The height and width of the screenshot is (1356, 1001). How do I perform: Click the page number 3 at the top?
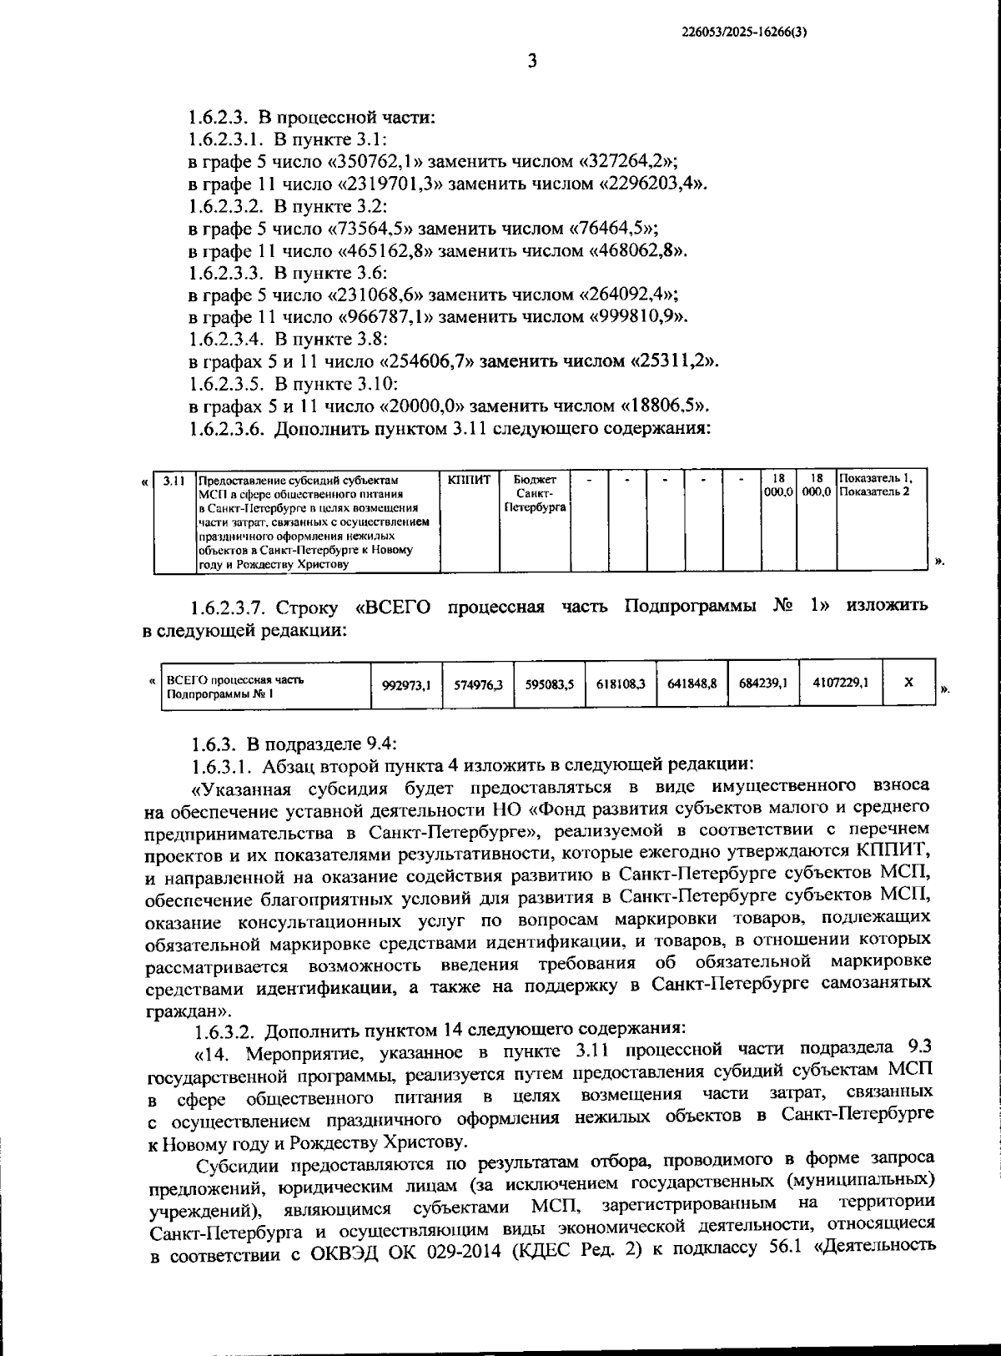tap(532, 61)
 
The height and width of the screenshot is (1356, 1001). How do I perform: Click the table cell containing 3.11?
tap(174, 481)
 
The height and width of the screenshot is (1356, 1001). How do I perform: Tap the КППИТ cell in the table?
tap(469, 481)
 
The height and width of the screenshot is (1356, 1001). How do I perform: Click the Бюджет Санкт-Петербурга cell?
tap(535, 493)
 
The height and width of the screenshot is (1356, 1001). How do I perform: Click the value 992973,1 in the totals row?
tap(406, 685)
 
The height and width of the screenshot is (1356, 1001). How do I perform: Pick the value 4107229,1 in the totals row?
tap(840, 683)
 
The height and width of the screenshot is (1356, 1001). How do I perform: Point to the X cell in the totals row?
tap(908, 683)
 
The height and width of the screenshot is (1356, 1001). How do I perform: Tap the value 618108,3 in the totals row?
tap(621, 684)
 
